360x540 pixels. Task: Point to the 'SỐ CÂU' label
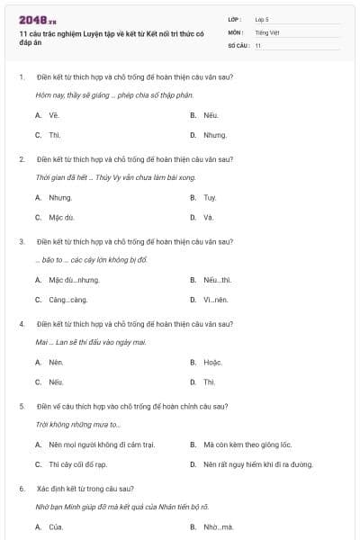[x=237, y=45]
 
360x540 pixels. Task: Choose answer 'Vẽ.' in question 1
[x=54, y=116]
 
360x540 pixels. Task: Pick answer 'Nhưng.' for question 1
[x=215, y=135]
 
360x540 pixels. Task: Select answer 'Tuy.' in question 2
[x=210, y=198]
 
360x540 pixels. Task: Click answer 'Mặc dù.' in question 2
[x=62, y=218]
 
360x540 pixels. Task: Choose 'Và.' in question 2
[x=209, y=218]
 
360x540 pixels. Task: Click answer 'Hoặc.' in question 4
[x=212, y=362]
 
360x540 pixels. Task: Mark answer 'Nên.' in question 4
[x=56, y=362]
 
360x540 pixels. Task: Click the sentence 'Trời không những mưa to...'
[x=78, y=424]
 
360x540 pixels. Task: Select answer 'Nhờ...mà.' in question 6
[x=218, y=526]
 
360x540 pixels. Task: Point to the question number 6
[x=22, y=488]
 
